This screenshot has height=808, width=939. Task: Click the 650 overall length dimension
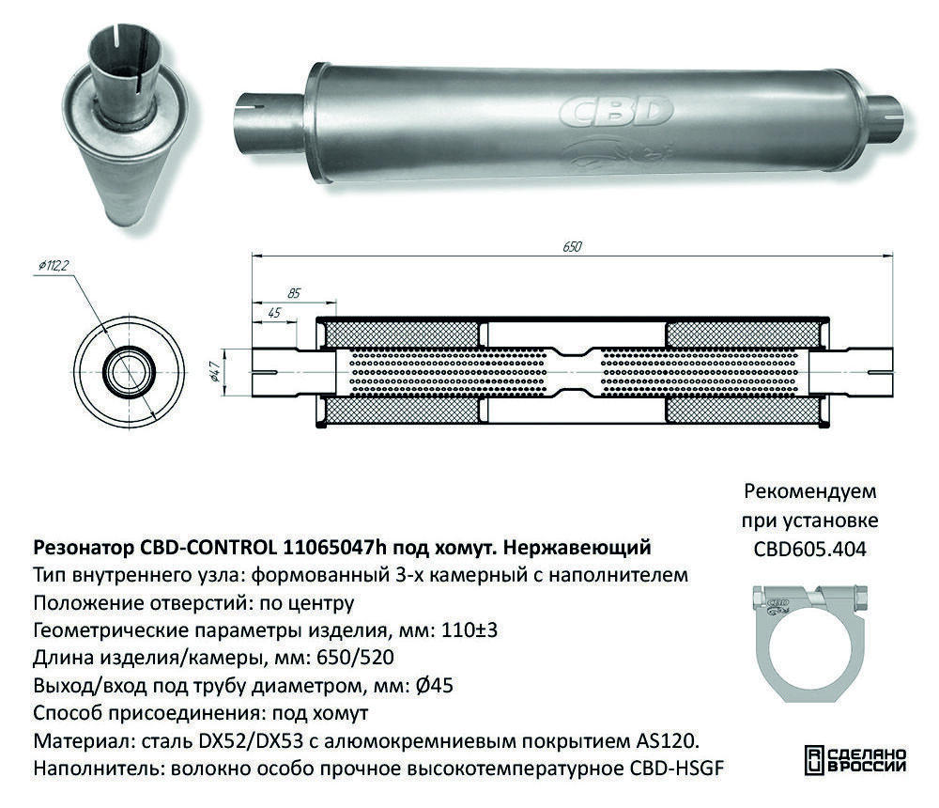click(x=572, y=247)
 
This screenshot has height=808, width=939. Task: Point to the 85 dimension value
click(x=293, y=293)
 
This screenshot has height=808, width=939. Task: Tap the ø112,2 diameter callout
click(x=53, y=265)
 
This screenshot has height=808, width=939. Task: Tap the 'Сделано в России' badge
click(x=855, y=760)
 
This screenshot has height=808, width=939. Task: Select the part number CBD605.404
click(x=809, y=549)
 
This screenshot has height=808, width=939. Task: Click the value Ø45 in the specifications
click(x=434, y=685)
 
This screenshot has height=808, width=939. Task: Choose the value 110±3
click(x=469, y=630)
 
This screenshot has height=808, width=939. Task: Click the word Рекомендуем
click(x=810, y=491)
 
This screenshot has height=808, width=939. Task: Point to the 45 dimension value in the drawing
click(x=274, y=313)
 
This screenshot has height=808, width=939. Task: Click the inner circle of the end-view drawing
click(x=129, y=372)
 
